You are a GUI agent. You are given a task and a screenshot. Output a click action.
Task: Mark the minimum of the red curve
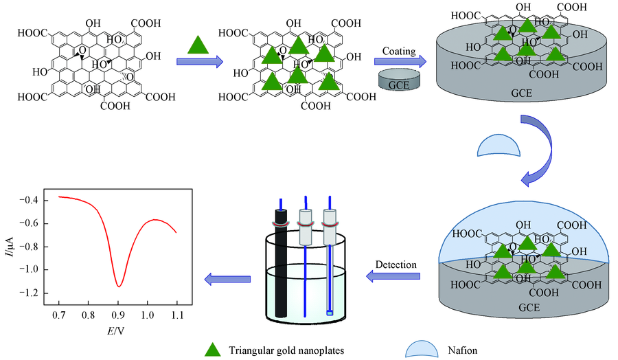click(119, 286)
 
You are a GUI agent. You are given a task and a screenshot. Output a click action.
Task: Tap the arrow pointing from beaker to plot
click(226, 278)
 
